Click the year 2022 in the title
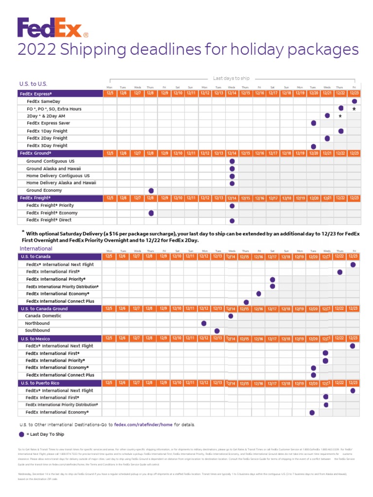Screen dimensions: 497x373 37,50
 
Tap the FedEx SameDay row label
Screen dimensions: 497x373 44,101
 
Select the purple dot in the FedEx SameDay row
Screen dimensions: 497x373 355,101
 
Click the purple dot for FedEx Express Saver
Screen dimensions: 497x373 314,123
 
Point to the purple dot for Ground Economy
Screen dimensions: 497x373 151,190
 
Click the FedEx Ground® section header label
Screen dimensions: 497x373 35,153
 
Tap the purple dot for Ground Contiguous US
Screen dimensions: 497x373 232,161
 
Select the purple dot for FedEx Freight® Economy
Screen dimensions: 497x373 151,213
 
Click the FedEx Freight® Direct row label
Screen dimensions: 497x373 50,220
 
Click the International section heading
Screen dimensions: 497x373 36,248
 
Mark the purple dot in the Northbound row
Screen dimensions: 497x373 204,323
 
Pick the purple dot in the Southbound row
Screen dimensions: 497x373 217,331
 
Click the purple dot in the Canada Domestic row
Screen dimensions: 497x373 231,316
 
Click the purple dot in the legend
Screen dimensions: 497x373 21,434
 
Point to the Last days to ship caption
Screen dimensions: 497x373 231,78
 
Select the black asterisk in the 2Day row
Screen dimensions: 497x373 340,116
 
